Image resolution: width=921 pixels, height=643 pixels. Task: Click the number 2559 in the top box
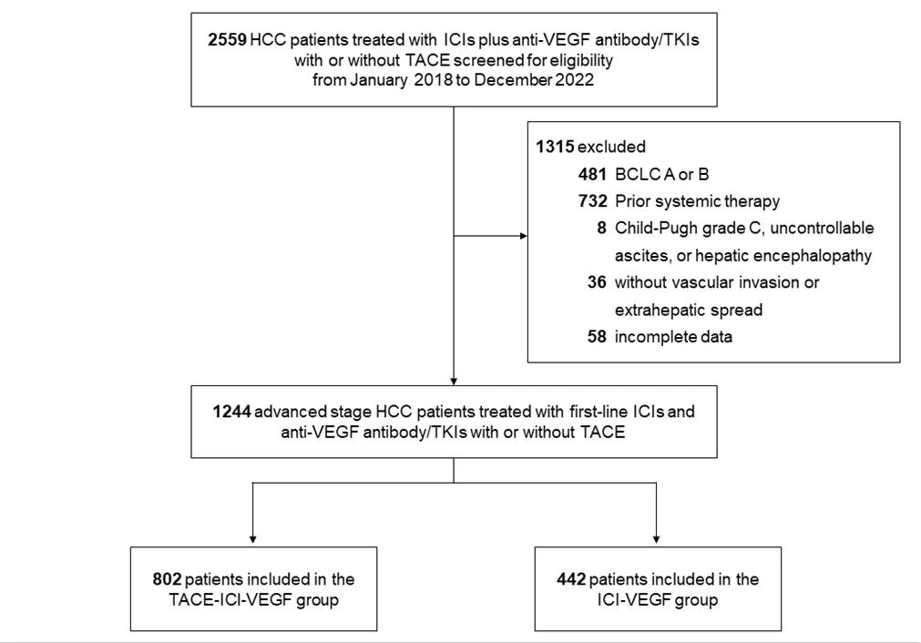click(x=227, y=40)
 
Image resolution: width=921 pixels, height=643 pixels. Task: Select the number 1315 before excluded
click(x=555, y=147)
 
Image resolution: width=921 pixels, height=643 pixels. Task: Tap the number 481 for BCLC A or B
click(x=592, y=174)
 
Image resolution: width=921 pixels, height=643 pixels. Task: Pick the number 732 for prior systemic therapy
click(x=593, y=201)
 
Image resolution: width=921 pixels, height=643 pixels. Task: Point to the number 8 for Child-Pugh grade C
click(x=601, y=228)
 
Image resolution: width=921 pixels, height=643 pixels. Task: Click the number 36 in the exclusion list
click(x=597, y=281)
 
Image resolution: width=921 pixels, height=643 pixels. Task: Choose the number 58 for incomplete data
click(x=597, y=336)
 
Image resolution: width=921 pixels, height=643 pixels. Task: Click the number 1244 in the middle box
click(x=232, y=411)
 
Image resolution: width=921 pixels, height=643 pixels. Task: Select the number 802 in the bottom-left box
click(x=167, y=579)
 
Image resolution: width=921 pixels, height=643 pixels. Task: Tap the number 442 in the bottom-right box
click(x=571, y=579)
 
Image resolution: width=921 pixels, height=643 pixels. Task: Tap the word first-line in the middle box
click(x=598, y=411)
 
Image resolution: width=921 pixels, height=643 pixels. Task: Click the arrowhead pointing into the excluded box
click(x=524, y=236)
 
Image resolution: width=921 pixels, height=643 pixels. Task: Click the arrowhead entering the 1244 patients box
click(x=454, y=381)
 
